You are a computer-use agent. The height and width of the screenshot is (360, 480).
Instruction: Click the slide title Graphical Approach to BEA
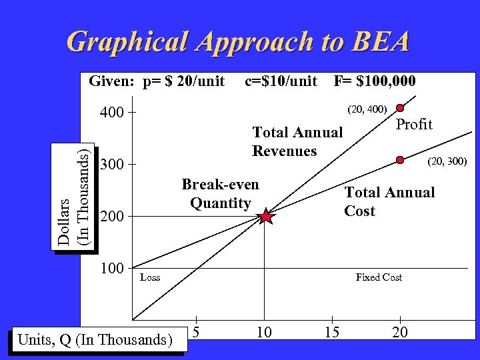click(x=239, y=41)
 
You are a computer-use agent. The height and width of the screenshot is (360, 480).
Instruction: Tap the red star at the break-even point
click(x=266, y=216)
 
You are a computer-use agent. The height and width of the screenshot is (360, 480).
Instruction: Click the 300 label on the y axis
click(x=111, y=164)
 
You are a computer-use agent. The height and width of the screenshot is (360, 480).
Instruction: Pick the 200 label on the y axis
click(x=111, y=216)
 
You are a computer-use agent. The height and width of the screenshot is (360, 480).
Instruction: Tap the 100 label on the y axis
click(x=111, y=268)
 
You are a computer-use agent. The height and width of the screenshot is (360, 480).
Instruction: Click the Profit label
click(x=415, y=125)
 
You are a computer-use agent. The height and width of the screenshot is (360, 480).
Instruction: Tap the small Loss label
click(x=150, y=277)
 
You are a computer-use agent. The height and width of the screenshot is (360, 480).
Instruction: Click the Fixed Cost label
click(x=379, y=277)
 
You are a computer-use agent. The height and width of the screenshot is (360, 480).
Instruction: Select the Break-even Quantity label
click(x=220, y=193)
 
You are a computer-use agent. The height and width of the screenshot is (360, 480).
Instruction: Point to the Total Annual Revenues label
click(x=297, y=141)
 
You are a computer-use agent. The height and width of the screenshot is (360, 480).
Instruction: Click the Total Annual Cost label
click(x=389, y=202)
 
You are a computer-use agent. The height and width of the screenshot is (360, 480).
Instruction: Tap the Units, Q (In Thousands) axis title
click(x=93, y=339)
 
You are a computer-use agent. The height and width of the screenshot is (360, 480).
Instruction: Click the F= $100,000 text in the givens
click(x=375, y=81)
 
